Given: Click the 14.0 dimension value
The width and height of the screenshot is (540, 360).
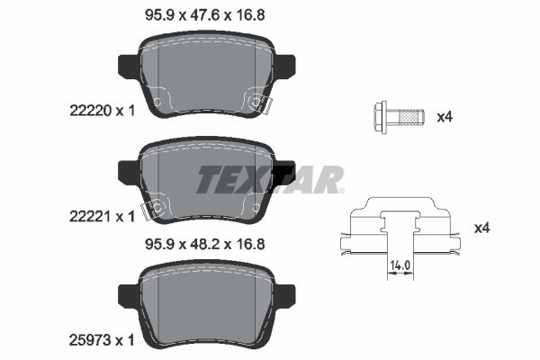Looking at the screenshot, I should pyautogui.click(x=400, y=266).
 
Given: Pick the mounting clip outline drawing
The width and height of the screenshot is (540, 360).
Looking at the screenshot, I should pyautogui.click(x=400, y=229).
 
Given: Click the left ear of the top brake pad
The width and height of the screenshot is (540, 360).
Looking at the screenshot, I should pyautogui.click(x=129, y=66).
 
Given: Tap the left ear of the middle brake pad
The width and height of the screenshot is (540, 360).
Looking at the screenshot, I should pyautogui.click(x=129, y=168).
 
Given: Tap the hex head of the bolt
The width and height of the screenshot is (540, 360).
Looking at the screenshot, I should pyautogui.click(x=380, y=116).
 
